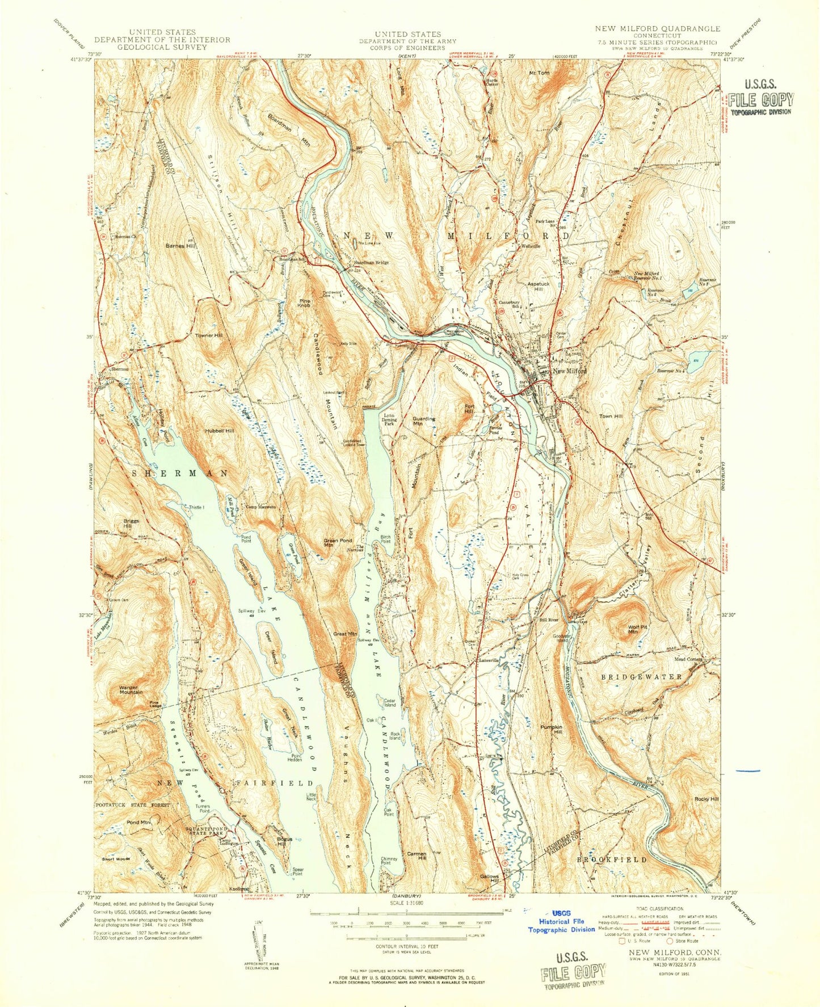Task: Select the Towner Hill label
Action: pyautogui.click(x=209, y=335)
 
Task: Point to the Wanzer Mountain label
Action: pyautogui.click(x=131, y=690)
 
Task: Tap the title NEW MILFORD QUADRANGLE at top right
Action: pyautogui.click(x=657, y=28)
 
